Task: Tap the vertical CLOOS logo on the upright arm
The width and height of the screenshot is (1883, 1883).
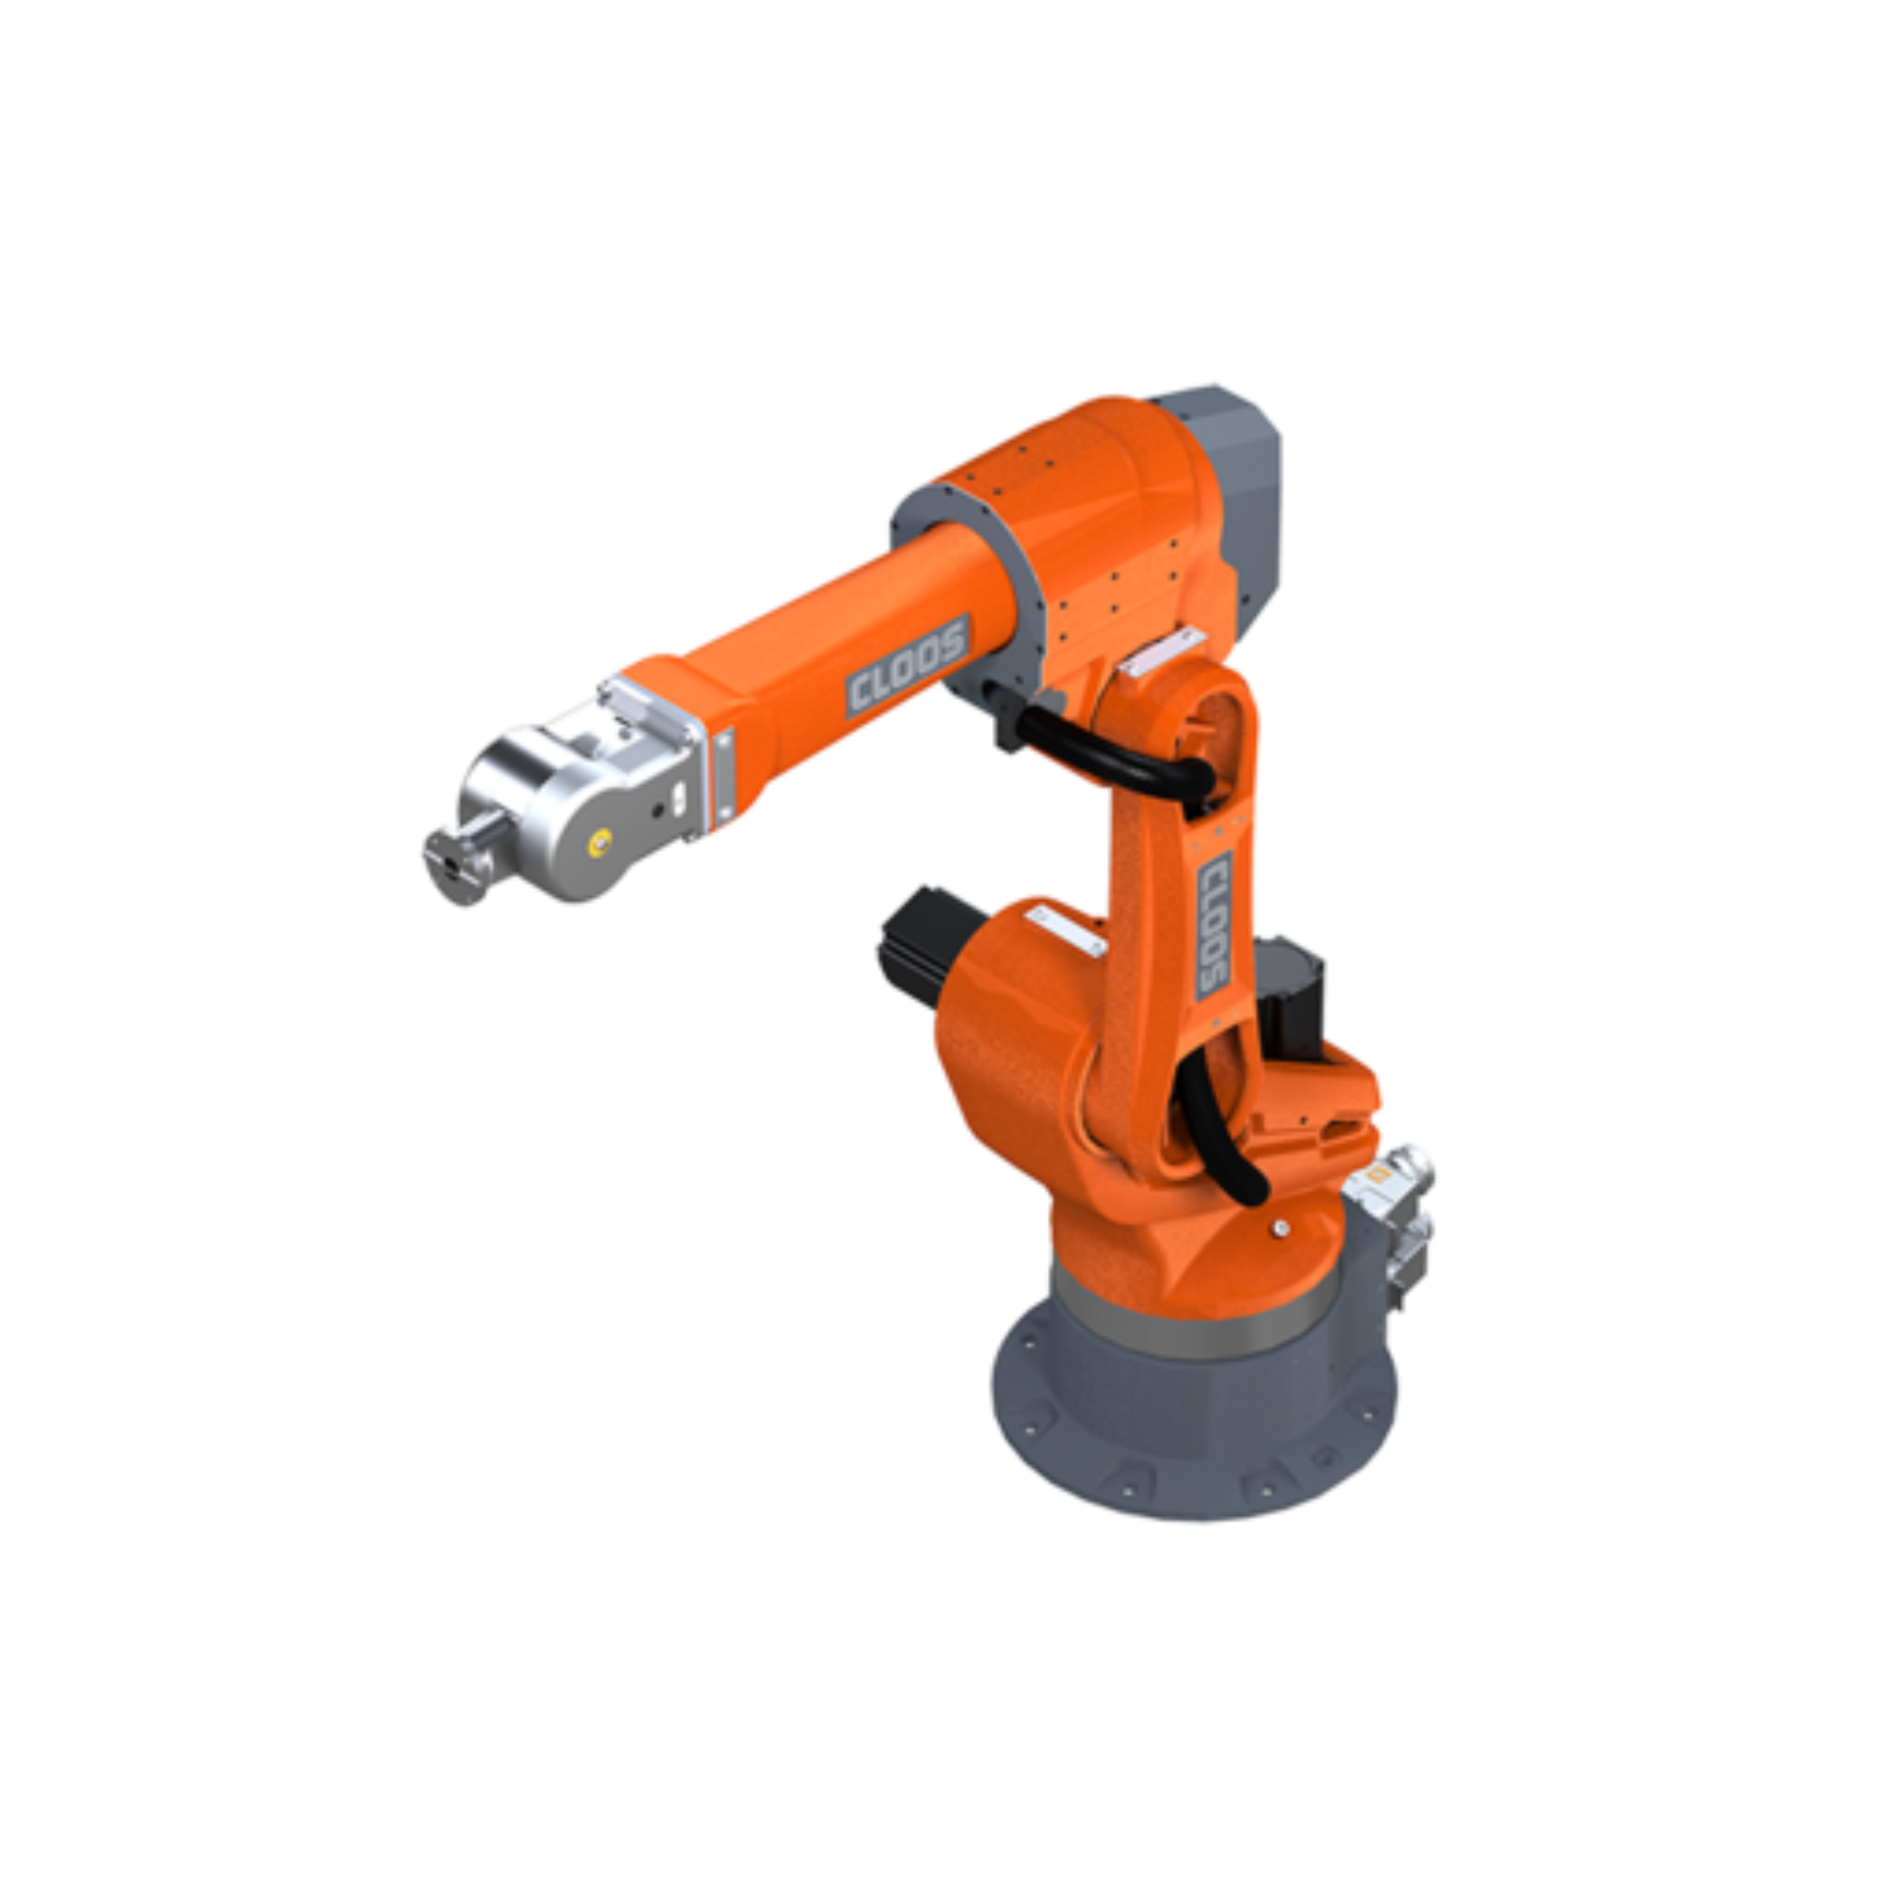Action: (1215, 924)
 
